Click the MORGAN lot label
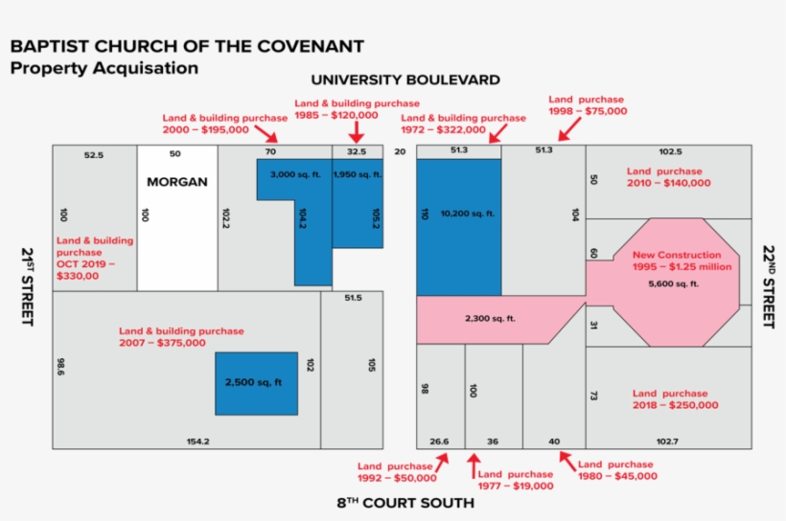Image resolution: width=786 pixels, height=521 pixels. pyautogui.click(x=176, y=181)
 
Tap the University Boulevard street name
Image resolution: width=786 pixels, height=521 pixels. pyautogui.click(x=405, y=79)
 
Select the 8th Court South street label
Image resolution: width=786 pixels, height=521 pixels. pyautogui.click(x=405, y=503)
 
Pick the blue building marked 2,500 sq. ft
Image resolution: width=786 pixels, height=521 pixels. pyautogui.click(x=256, y=383)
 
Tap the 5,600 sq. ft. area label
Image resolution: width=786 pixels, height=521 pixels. pyautogui.click(x=674, y=284)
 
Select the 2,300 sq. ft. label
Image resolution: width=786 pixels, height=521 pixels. pyautogui.click(x=490, y=318)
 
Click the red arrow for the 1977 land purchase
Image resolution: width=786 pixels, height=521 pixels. pyautogui.click(x=473, y=465)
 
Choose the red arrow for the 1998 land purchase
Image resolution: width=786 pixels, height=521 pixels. pyautogui.click(x=565, y=131)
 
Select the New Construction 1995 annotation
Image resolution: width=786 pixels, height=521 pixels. pyautogui.click(x=677, y=260)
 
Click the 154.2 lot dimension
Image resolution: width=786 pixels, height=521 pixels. pyautogui.click(x=197, y=442)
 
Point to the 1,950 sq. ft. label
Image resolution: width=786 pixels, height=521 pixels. pyautogui.click(x=358, y=175)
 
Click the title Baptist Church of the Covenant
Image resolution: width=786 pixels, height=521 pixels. pyautogui.click(x=187, y=47)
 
